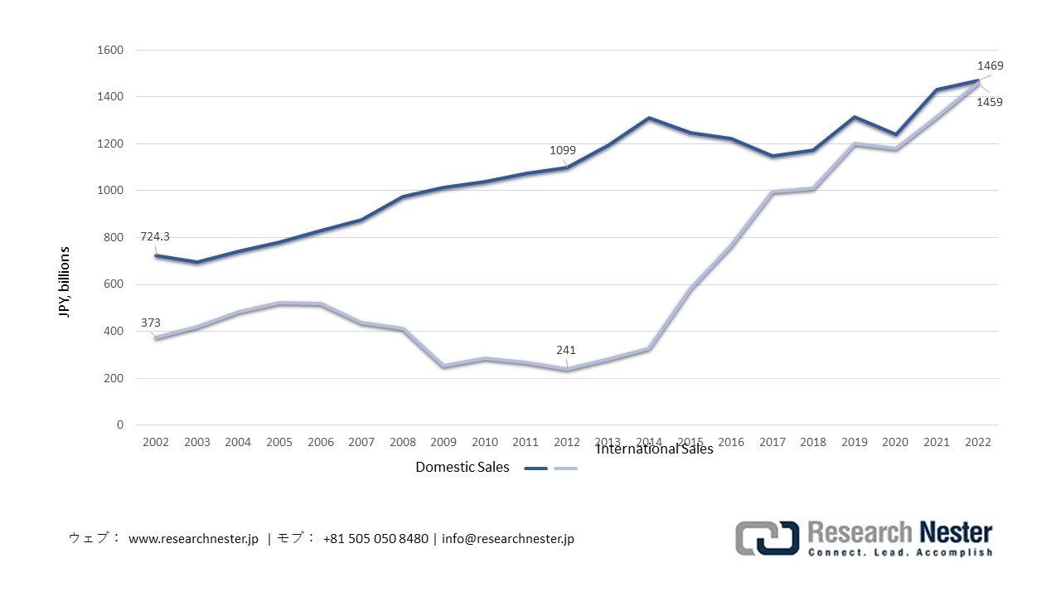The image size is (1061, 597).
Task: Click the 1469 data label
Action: coord(990,66)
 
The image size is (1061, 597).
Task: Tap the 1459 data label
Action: coord(990,103)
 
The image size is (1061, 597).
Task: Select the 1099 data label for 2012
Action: coord(562,151)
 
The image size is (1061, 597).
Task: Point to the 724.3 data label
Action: coord(156,237)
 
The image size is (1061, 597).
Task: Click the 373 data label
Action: coord(150,323)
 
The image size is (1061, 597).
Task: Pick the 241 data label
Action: coord(567,351)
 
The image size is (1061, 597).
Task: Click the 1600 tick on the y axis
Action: coord(109,50)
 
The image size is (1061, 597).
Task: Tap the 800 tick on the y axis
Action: coord(113,237)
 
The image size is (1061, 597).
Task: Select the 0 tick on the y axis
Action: coord(119,425)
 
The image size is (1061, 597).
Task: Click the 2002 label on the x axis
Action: coord(155,442)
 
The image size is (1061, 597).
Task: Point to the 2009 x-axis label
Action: coord(443,442)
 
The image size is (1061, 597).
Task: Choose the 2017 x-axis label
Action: coord(773,442)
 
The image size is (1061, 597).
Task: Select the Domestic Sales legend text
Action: coord(463,468)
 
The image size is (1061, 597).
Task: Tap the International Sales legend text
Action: coord(654,449)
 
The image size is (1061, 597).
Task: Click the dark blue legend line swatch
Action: coord(536,468)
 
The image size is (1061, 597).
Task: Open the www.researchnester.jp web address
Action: coord(193,539)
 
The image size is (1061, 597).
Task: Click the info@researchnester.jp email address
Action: coord(507,539)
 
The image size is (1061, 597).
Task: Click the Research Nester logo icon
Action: coord(767,538)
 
